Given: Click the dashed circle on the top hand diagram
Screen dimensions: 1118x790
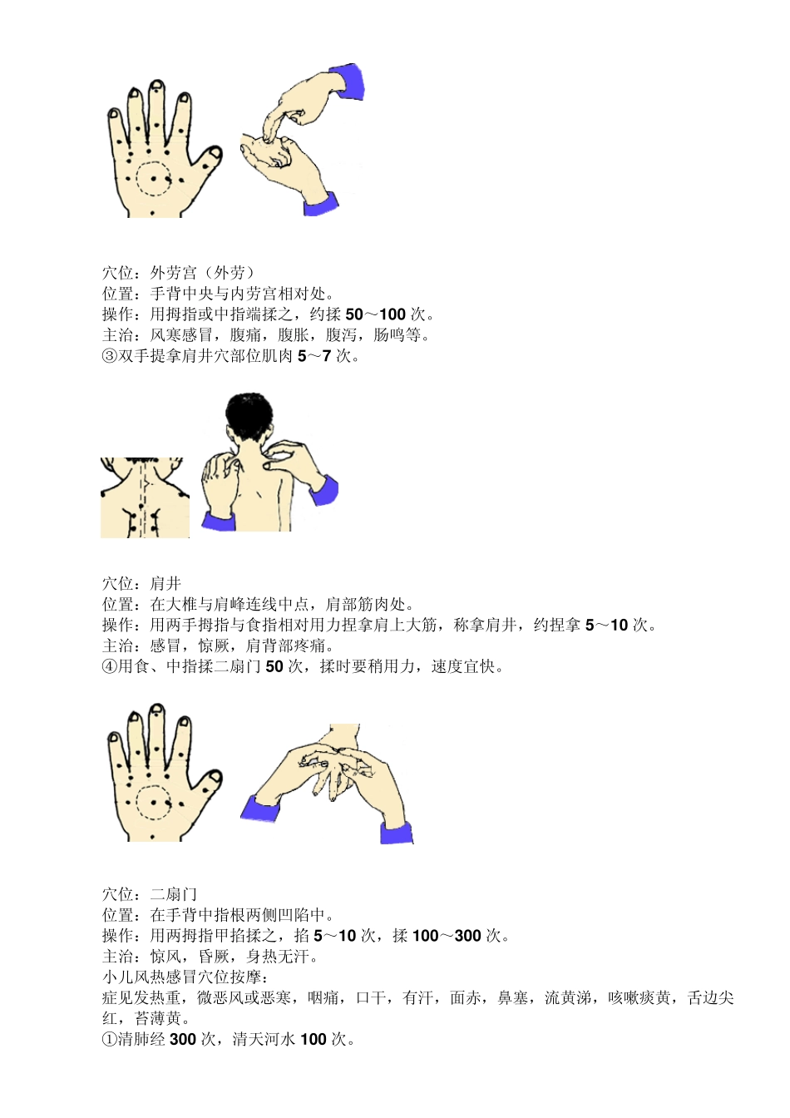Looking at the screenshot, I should click(x=153, y=178).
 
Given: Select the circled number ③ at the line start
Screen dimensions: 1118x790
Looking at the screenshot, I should click(x=110, y=356).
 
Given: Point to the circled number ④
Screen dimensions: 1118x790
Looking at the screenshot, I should click(x=110, y=666).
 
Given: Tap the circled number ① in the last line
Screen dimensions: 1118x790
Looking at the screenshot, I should click(x=110, y=1039).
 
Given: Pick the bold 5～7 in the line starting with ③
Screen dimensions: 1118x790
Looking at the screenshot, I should click(x=314, y=356).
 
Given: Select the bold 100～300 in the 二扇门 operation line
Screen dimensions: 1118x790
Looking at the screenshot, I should click(x=447, y=936).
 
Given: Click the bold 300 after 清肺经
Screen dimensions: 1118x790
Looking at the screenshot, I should click(x=182, y=1039).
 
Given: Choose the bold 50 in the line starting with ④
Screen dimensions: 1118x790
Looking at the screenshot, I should click(x=274, y=666).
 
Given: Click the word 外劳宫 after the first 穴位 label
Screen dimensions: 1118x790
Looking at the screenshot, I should click(x=174, y=273).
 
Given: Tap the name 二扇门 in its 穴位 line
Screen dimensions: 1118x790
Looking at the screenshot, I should click(x=174, y=894).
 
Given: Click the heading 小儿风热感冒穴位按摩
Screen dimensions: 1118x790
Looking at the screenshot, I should click(x=182, y=977).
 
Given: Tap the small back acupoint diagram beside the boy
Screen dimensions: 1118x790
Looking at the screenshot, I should click(x=145, y=497).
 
